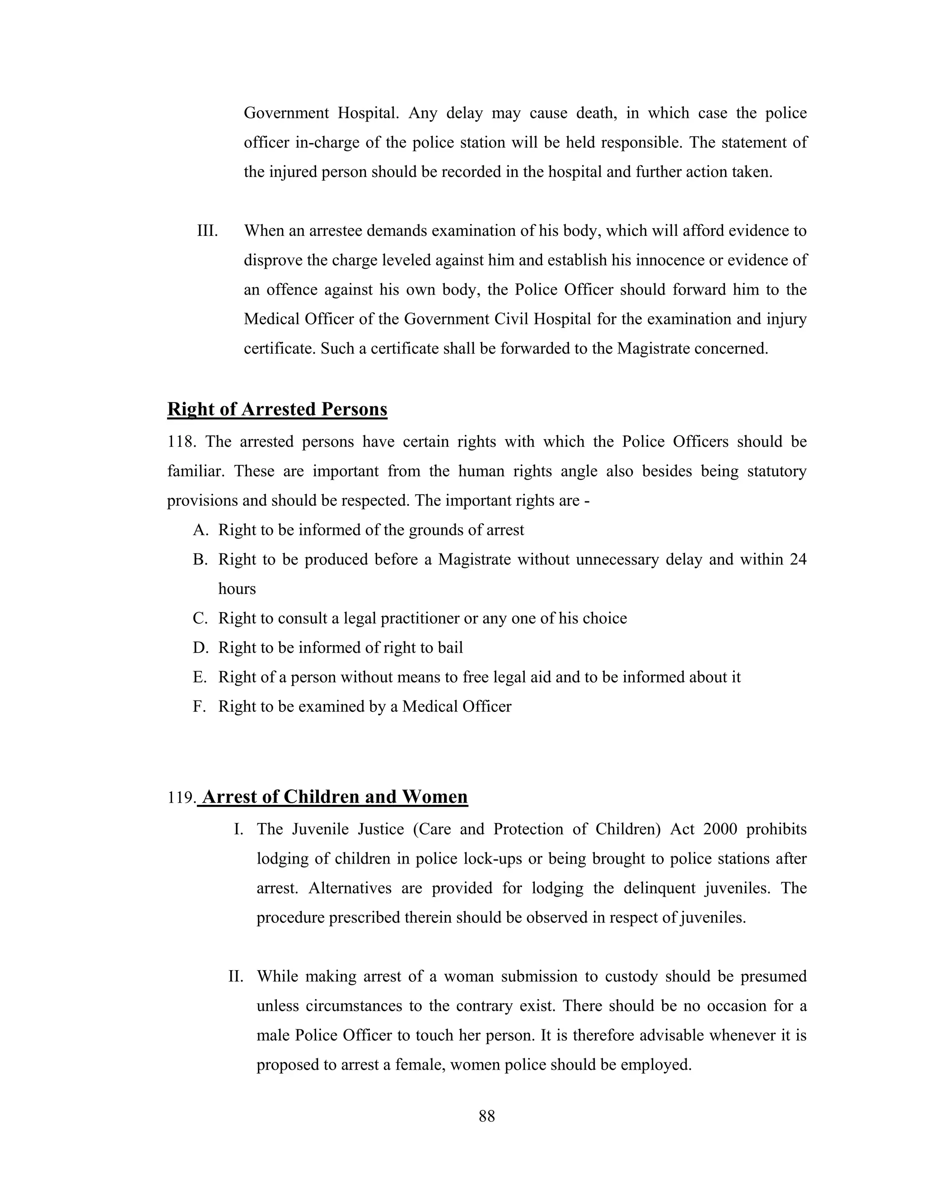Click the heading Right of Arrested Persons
point(277,409)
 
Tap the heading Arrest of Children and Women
point(334,796)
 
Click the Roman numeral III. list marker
point(207,231)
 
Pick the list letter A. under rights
point(201,530)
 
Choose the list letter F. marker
point(200,706)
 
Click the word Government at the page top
point(286,113)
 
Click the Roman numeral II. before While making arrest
point(236,977)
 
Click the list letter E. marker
point(200,678)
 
